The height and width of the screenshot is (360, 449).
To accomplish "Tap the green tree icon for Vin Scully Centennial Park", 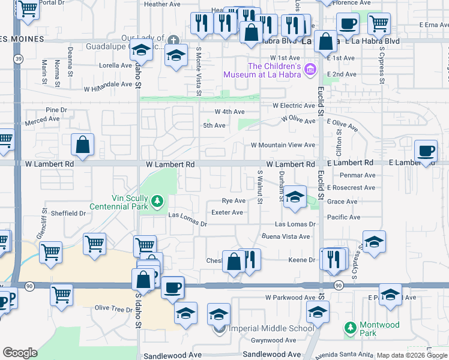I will point(157,200).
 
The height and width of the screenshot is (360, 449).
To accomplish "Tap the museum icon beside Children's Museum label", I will point(310,70).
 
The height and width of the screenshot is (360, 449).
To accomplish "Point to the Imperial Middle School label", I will point(271,328).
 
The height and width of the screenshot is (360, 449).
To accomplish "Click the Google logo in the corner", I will point(20,353).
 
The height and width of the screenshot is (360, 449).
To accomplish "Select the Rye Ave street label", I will point(234,201).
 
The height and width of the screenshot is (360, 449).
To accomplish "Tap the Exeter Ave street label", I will point(228,212).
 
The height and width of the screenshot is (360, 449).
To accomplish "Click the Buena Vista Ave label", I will point(288,236).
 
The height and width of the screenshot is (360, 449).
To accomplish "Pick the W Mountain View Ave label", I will point(283,145).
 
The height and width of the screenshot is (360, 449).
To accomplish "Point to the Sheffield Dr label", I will point(68,213).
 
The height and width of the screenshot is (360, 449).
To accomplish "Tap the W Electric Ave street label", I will point(294,106).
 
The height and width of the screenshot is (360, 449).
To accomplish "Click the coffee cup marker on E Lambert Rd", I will point(426,151).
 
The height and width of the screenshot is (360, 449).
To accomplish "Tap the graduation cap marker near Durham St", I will point(294,197).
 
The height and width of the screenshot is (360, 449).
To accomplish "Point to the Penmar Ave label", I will point(357,175).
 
